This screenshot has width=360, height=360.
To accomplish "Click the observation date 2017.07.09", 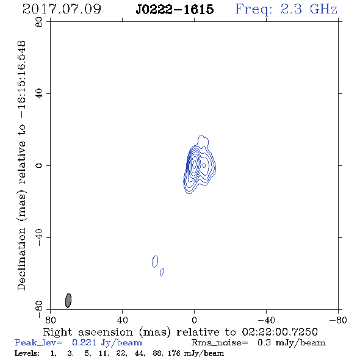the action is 62,9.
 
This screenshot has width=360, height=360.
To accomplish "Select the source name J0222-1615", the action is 175,9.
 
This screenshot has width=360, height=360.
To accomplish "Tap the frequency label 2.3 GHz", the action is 309,9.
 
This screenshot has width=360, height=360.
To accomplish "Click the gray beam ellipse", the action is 68,301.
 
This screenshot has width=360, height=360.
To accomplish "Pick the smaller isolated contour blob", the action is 162,272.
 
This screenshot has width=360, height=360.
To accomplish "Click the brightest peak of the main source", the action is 194,164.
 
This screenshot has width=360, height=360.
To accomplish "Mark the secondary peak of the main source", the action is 204,165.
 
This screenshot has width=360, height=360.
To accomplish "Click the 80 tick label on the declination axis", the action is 39,22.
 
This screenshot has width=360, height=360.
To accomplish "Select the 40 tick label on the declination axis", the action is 39,94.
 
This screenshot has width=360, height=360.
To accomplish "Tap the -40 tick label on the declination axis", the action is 39,237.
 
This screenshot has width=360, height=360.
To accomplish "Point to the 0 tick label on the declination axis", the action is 39,165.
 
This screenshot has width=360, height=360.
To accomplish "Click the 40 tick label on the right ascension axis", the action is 122,320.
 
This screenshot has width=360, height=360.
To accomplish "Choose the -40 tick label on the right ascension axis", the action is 266,320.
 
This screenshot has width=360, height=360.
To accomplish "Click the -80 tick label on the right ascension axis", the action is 338,320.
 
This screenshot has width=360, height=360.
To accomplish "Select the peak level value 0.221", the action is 84,342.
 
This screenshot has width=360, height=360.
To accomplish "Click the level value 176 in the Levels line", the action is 174,353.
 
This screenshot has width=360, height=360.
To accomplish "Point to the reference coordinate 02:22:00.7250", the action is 280,332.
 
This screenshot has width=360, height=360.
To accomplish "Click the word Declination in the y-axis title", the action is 21,259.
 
